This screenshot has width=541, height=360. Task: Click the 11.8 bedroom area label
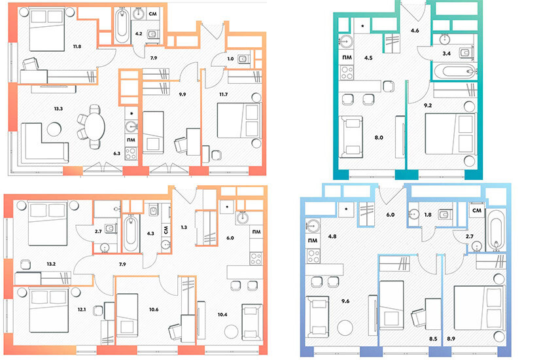point(77,46)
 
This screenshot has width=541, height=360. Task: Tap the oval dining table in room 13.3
point(95,126)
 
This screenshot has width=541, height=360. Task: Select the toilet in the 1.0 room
point(244,59)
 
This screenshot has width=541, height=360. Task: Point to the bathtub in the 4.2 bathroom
point(122,26)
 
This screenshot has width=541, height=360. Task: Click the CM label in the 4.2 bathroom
point(152,14)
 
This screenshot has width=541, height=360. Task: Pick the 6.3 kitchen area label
point(117,153)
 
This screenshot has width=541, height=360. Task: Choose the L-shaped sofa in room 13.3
point(44,143)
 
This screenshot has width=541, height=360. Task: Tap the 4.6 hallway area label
point(415,30)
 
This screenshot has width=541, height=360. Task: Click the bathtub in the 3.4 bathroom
point(454,72)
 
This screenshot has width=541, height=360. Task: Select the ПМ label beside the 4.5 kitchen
point(347,58)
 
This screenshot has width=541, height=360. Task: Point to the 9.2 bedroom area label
point(428,105)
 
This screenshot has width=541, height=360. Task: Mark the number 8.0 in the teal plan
point(379,137)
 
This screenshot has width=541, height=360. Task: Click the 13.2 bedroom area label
point(51,264)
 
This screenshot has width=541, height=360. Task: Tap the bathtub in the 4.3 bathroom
point(131,234)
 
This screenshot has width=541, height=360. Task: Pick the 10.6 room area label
point(154,309)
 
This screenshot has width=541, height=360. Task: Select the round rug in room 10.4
point(231,332)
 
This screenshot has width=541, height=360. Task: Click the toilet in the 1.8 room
point(444,215)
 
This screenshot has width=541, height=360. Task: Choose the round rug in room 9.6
point(345,327)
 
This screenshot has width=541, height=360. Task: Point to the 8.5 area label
point(433,338)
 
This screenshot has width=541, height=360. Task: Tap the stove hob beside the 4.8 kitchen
point(313,256)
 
